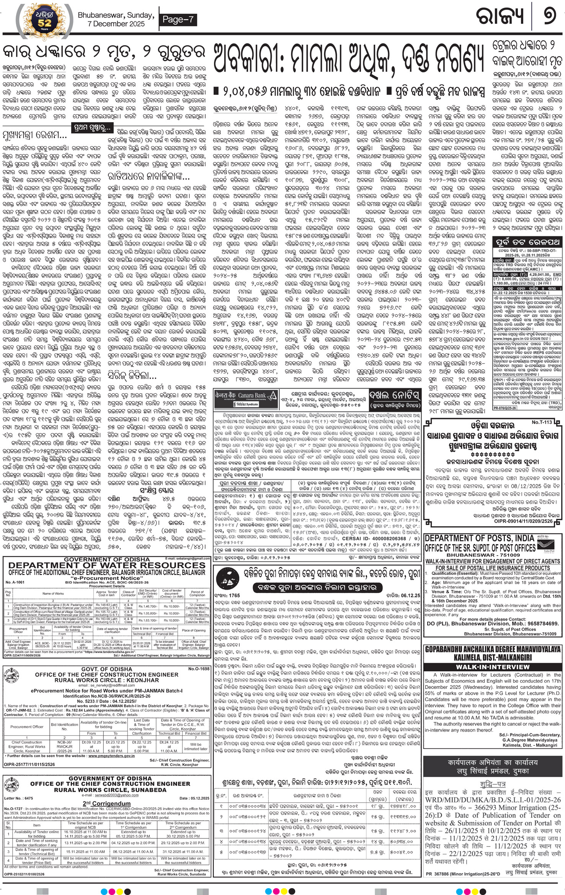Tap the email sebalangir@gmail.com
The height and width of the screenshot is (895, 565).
coord(187,559)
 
